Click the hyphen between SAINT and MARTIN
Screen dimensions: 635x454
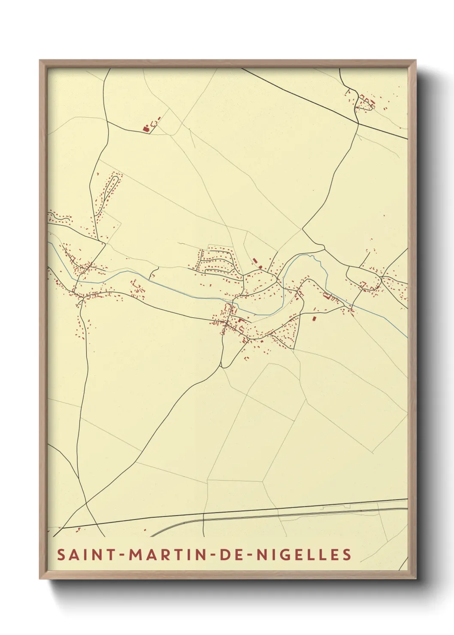(120, 555)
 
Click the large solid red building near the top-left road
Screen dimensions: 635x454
(145, 127)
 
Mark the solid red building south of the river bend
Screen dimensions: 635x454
(314, 318)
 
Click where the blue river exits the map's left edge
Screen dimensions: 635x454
(48, 243)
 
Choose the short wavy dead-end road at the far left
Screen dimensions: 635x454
(60, 220)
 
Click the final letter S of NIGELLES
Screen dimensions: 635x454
(347, 554)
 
